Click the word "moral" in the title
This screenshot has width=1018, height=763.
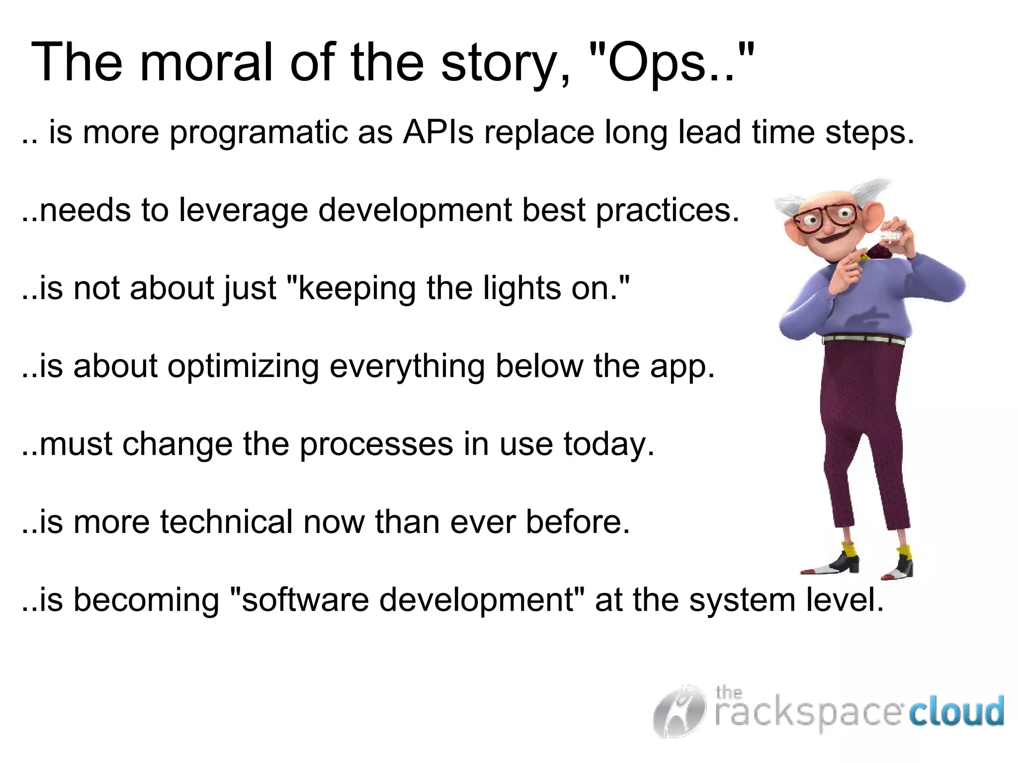[x=206, y=63]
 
